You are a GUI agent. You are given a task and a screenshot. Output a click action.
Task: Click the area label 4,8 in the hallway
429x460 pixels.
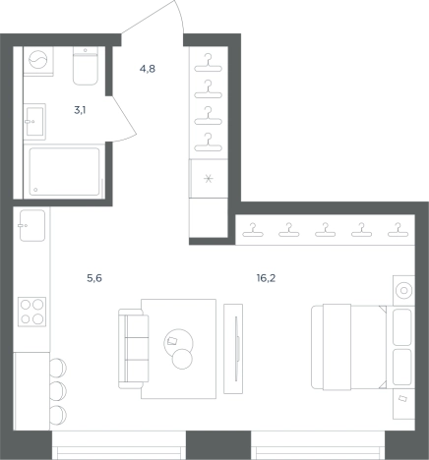[148, 69]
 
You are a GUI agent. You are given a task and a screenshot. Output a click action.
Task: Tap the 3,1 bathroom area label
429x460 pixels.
[80, 110]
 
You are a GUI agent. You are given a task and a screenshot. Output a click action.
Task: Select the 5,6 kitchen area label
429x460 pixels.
[94, 278]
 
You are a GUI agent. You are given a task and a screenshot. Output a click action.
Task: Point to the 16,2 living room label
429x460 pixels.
[266, 278]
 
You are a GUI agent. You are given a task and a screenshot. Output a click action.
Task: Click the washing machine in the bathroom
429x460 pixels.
[38, 61]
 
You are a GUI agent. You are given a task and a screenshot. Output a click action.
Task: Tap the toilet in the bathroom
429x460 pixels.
[86, 67]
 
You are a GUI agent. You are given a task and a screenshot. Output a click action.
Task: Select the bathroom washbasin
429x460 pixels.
[34, 121]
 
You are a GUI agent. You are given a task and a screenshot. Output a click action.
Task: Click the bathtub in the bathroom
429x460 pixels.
[64, 172]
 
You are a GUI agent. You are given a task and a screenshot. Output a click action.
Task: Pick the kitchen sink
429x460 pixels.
[32, 225]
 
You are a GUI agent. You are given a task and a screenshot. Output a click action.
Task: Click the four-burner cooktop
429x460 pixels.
[31, 312]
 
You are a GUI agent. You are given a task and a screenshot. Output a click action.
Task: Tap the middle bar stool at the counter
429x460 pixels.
[58, 390]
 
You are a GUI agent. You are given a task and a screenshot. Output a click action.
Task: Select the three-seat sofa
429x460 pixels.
[134, 349]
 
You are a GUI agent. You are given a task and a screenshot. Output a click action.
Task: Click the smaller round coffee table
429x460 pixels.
[182, 359]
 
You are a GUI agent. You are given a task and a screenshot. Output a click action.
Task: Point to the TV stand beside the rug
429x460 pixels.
[233, 349]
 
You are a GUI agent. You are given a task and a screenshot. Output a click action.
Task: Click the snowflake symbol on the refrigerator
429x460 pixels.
[209, 179]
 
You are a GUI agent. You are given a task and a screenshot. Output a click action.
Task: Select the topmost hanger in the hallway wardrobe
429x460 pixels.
[208, 63]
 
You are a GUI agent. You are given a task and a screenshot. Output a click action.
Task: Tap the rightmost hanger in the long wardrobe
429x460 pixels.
[398, 230]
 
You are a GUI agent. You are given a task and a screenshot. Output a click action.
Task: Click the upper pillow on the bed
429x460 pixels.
[402, 326]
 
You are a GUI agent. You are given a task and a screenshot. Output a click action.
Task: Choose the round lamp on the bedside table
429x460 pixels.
[403, 290]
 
